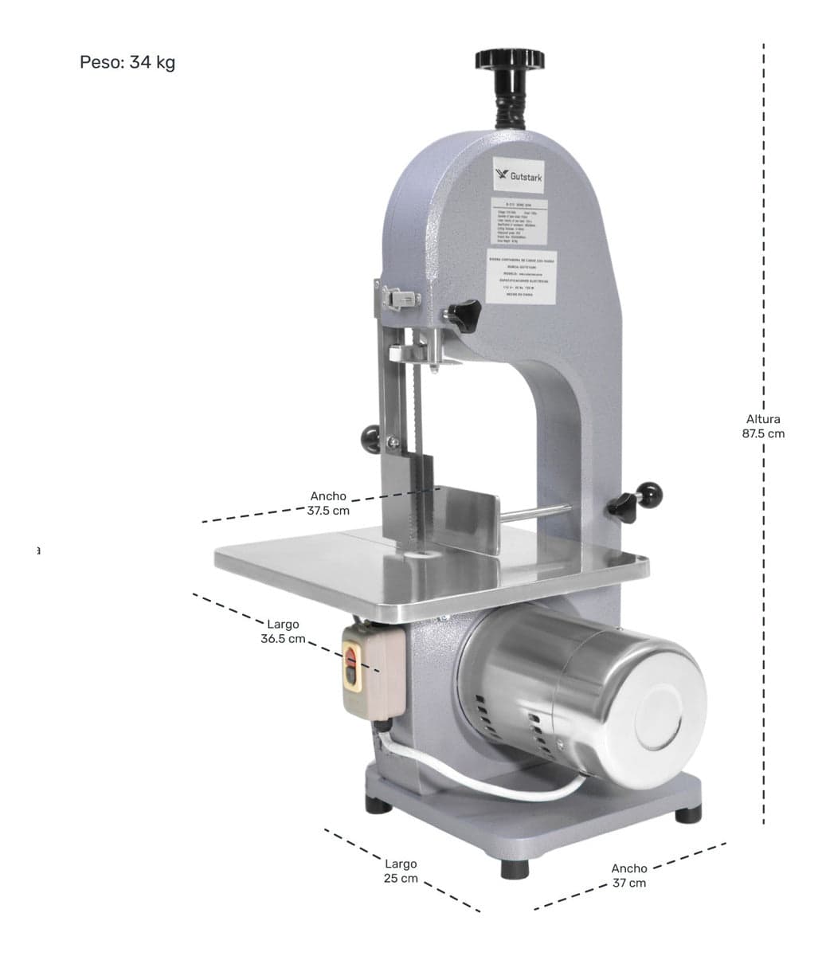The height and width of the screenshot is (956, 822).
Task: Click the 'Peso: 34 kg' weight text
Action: pyautogui.click(x=127, y=62)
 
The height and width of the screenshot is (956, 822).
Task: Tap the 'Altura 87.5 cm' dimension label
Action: pyautogui.click(x=763, y=426)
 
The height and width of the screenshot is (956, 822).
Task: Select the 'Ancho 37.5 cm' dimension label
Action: pyautogui.click(x=328, y=503)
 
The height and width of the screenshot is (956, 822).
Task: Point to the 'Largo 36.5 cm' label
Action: pyautogui.click(x=283, y=632)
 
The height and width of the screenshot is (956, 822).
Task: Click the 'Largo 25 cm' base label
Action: pyautogui.click(x=401, y=871)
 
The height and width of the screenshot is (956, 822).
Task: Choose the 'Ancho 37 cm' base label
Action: pyautogui.click(x=629, y=876)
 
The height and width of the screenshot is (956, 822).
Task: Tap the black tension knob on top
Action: pyautogui.click(x=510, y=60)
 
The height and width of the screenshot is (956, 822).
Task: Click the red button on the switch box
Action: pyautogui.click(x=351, y=659)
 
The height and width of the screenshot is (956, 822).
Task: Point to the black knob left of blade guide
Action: pyautogui.click(x=371, y=436)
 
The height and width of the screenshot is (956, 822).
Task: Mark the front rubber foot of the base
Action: pyautogui.click(x=515, y=867)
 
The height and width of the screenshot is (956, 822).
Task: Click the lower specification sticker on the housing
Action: pyautogui.click(x=519, y=276)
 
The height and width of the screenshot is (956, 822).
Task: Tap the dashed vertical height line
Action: pyautogui.click(x=764, y=239)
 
